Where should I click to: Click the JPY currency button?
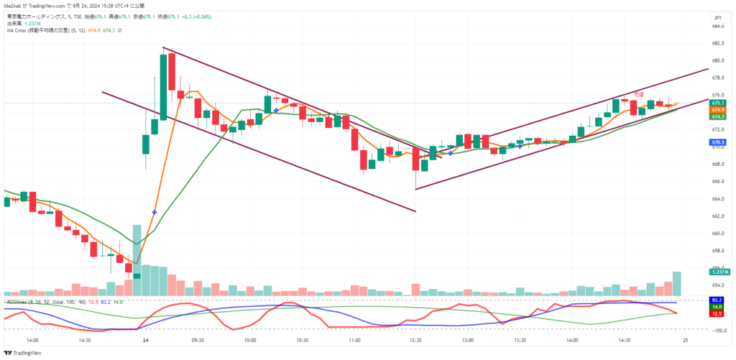717,17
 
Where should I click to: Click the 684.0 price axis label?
717,26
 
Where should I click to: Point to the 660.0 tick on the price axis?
717,233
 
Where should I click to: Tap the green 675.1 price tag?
717,103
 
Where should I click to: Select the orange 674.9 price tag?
717,109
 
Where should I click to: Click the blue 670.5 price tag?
717,143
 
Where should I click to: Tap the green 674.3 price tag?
717,116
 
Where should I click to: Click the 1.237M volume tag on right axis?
718,272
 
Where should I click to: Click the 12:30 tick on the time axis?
415,340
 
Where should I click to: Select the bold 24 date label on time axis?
146,340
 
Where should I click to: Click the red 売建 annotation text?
638,94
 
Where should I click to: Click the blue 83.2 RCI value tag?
717,299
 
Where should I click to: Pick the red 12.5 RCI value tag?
717,313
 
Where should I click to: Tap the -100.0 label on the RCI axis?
717,330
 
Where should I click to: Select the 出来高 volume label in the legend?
15,23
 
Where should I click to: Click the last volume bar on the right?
676,283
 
